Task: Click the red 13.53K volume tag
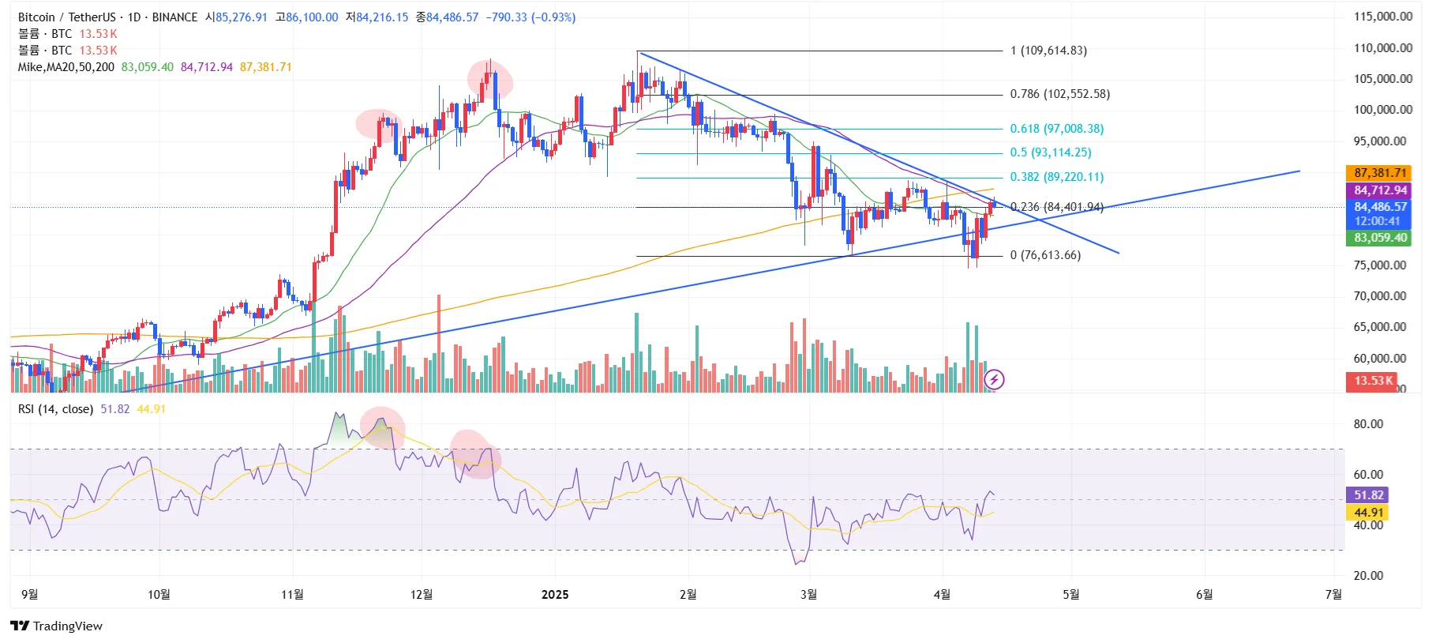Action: click(x=1374, y=381)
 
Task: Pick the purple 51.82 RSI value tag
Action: click(x=1369, y=495)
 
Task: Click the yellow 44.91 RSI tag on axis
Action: click(x=1367, y=513)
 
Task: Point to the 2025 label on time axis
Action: click(x=555, y=595)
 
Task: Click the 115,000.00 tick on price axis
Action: click(x=1383, y=17)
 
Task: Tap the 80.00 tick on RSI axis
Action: click(x=1368, y=424)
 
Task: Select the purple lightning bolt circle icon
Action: click(x=994, y=380)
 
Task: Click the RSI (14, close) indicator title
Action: click(x=55, y=409)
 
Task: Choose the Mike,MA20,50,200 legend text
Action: click(x=66, y=67)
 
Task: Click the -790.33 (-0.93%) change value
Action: click(x=530, y=17)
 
